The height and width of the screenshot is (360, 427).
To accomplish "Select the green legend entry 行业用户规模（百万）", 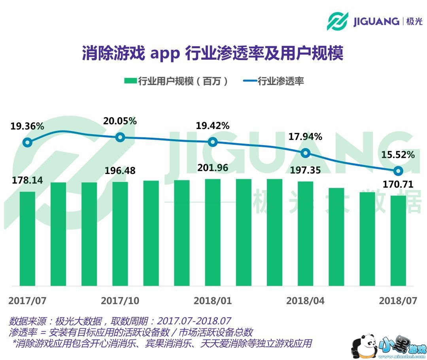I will click(176, 81).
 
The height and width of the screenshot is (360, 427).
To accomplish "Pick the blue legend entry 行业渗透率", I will click(273, 81).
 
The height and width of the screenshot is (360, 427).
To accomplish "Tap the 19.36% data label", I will click(27, 127).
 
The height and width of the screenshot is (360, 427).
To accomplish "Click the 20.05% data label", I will click(120, 121).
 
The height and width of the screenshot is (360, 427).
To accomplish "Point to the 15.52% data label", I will click(398, 155).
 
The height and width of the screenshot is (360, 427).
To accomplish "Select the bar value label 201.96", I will click(213, 168).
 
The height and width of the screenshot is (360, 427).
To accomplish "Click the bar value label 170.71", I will click(398, 184).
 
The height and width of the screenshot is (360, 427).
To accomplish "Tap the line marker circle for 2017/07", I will click(27, 143).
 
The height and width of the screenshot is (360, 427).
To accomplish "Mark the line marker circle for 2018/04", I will click(305, 153).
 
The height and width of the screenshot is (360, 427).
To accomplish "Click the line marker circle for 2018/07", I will click(398, 171).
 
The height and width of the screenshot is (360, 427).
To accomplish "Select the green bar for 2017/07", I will click(27, 239).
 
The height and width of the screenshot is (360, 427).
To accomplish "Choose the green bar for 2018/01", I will click(213, 232).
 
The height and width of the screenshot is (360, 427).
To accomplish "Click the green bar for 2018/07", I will click(398, 241).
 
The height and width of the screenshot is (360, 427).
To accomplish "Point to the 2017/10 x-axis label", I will click(120, 301).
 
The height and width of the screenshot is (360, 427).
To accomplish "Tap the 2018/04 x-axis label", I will click(305, 301).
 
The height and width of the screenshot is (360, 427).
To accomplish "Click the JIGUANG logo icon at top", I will click(337, 21).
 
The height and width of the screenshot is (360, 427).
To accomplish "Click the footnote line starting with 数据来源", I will click(120, 320).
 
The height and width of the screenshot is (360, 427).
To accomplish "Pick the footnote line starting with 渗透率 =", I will click(130, 332).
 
